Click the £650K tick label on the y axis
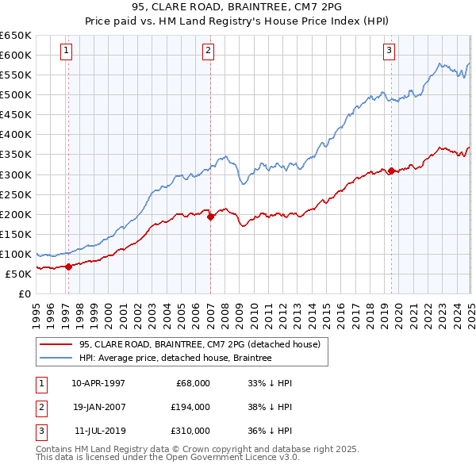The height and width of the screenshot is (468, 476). pos(16,36)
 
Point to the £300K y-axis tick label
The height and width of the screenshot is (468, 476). pos(16,175)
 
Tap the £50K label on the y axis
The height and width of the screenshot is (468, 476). pos(19,274)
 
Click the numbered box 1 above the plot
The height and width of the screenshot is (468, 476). pos(66,52)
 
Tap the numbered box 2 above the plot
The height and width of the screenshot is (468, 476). pos(208,52)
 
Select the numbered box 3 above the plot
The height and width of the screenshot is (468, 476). pos(390,52)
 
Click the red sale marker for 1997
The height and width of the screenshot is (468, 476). pos(69,267)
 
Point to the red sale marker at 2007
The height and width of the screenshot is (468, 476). pos(210,217)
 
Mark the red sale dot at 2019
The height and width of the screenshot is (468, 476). pos(392,170)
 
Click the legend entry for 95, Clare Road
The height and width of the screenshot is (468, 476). pos(199,344)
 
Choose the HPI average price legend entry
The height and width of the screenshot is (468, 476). pos(175,358)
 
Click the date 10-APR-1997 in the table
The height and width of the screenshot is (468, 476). pos(98,382)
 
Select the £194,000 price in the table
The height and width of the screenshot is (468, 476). pos(191,407)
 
